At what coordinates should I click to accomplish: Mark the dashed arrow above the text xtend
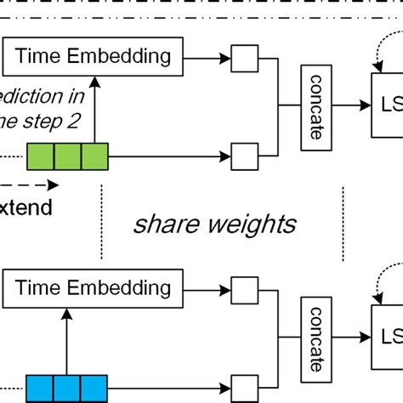pos(30,184)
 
